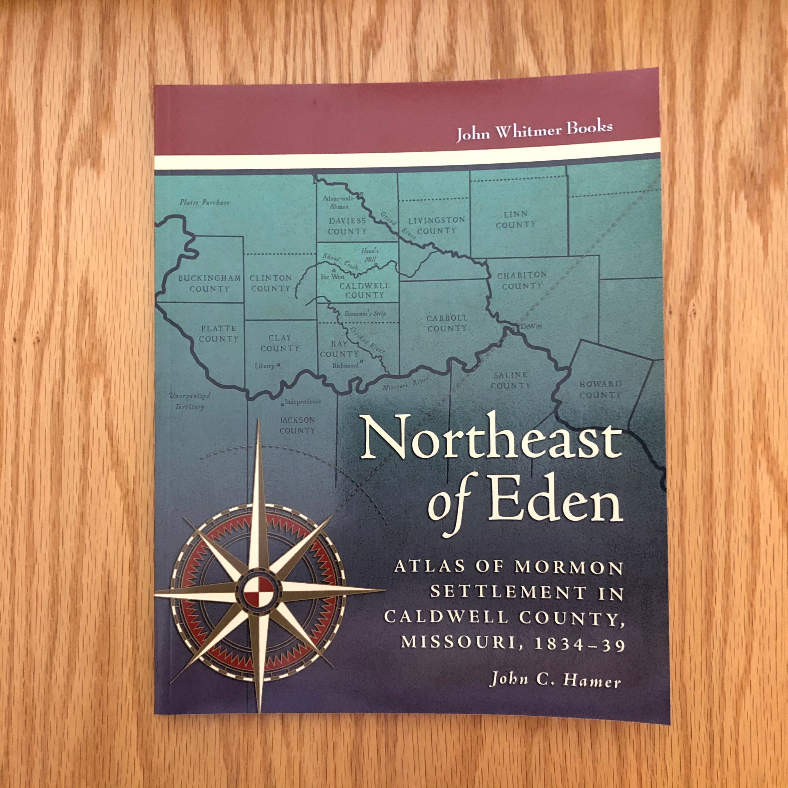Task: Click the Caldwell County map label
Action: [x=364, y=290]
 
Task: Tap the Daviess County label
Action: [x=347, y=226]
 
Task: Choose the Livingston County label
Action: [x=436, y=225]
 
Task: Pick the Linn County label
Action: [x=516, y=219]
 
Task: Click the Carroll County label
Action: [x=447, y=323]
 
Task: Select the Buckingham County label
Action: [x=209, y=283]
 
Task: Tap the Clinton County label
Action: [x=271, y=283]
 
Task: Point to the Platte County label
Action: [x=219, y=333]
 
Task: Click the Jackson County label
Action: [x=297, y=425]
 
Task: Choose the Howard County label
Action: [x=600, y=389]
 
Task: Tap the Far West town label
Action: [x=332, y=276]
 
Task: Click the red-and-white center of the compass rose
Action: [x=257, y=593]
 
